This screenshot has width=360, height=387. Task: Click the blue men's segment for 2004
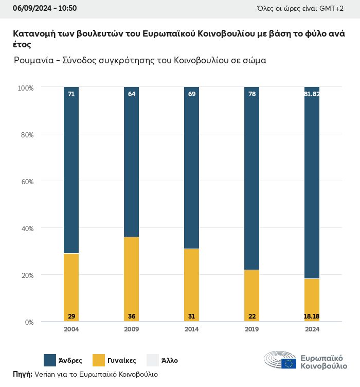tap(71, 170)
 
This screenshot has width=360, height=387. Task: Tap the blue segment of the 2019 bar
tap(252, 178)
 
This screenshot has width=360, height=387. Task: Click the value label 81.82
tap(312, 94)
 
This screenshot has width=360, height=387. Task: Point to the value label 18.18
tap(312, 315)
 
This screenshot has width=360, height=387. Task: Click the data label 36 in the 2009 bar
tap(132, 315)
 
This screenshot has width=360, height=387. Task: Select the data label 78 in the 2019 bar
tap(252, 94)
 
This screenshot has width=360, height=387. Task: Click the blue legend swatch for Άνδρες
tap(50, 360)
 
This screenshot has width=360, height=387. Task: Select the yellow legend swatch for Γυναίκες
tap(99, 360)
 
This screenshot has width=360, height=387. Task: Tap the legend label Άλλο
tap(170, 361)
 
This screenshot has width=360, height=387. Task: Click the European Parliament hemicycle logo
tap(280, 360)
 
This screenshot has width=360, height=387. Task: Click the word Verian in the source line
tap(45, 375)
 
